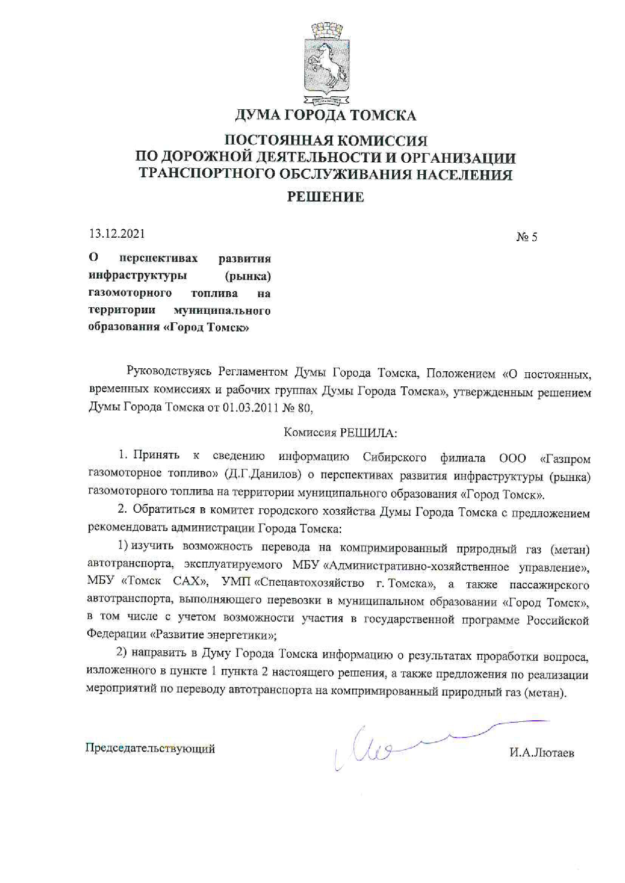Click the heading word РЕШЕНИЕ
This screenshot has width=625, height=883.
pos(325,197)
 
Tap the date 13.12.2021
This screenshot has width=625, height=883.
pos(116,234)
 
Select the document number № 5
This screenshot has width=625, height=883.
pos(526,237)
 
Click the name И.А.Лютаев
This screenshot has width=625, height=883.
pos(541,754)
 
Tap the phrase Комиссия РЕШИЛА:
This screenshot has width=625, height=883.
pos(340,432)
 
